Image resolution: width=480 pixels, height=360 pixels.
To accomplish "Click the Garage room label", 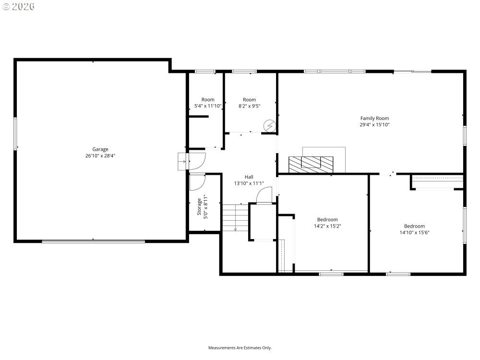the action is point(100,149).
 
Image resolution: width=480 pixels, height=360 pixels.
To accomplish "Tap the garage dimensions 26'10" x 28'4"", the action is point(100,156).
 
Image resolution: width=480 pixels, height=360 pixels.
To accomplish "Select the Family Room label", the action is point(374,118).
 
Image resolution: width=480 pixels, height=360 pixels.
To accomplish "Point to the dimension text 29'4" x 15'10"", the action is point(374,125).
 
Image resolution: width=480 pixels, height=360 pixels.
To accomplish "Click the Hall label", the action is point(249,177).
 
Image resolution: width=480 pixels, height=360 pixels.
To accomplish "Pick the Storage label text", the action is point(199,206).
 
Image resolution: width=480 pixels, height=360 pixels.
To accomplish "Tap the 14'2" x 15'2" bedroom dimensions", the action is point(327,226).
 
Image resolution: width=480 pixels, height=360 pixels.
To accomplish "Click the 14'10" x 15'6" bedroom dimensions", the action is point(414,233).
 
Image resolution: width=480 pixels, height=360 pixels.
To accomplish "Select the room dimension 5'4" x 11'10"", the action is point(208,106).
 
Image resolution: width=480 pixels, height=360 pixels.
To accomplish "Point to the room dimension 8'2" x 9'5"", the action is point(249,106).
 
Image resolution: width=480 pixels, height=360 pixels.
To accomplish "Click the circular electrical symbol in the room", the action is point(270,125).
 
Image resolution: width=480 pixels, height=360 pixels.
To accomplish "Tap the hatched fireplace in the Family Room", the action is point(311,164).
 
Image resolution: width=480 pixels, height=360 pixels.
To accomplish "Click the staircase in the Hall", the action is point(235,217).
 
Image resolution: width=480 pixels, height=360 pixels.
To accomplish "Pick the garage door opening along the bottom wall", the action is point(94,241).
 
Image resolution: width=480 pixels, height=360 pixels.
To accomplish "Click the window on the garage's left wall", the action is point(15,134).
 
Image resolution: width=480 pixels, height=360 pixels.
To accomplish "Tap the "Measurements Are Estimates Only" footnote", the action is point(240,348).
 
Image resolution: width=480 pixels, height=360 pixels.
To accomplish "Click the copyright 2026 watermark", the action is point(18,6).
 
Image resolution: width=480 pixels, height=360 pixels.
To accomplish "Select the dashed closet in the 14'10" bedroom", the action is point(438,182).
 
